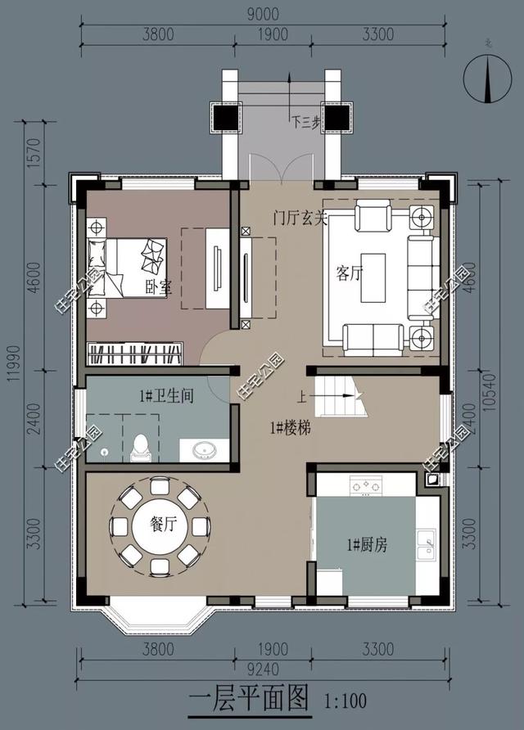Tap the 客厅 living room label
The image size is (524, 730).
click(x=349, y=273)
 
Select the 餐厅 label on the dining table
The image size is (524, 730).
click(x=160, y=525)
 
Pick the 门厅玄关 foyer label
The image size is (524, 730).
click(x=300, y=218)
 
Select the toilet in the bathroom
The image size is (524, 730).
click(x=139, y=445)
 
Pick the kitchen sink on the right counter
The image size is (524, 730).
click(x=426, y=545)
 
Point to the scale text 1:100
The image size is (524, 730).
click(x=346, y=702)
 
